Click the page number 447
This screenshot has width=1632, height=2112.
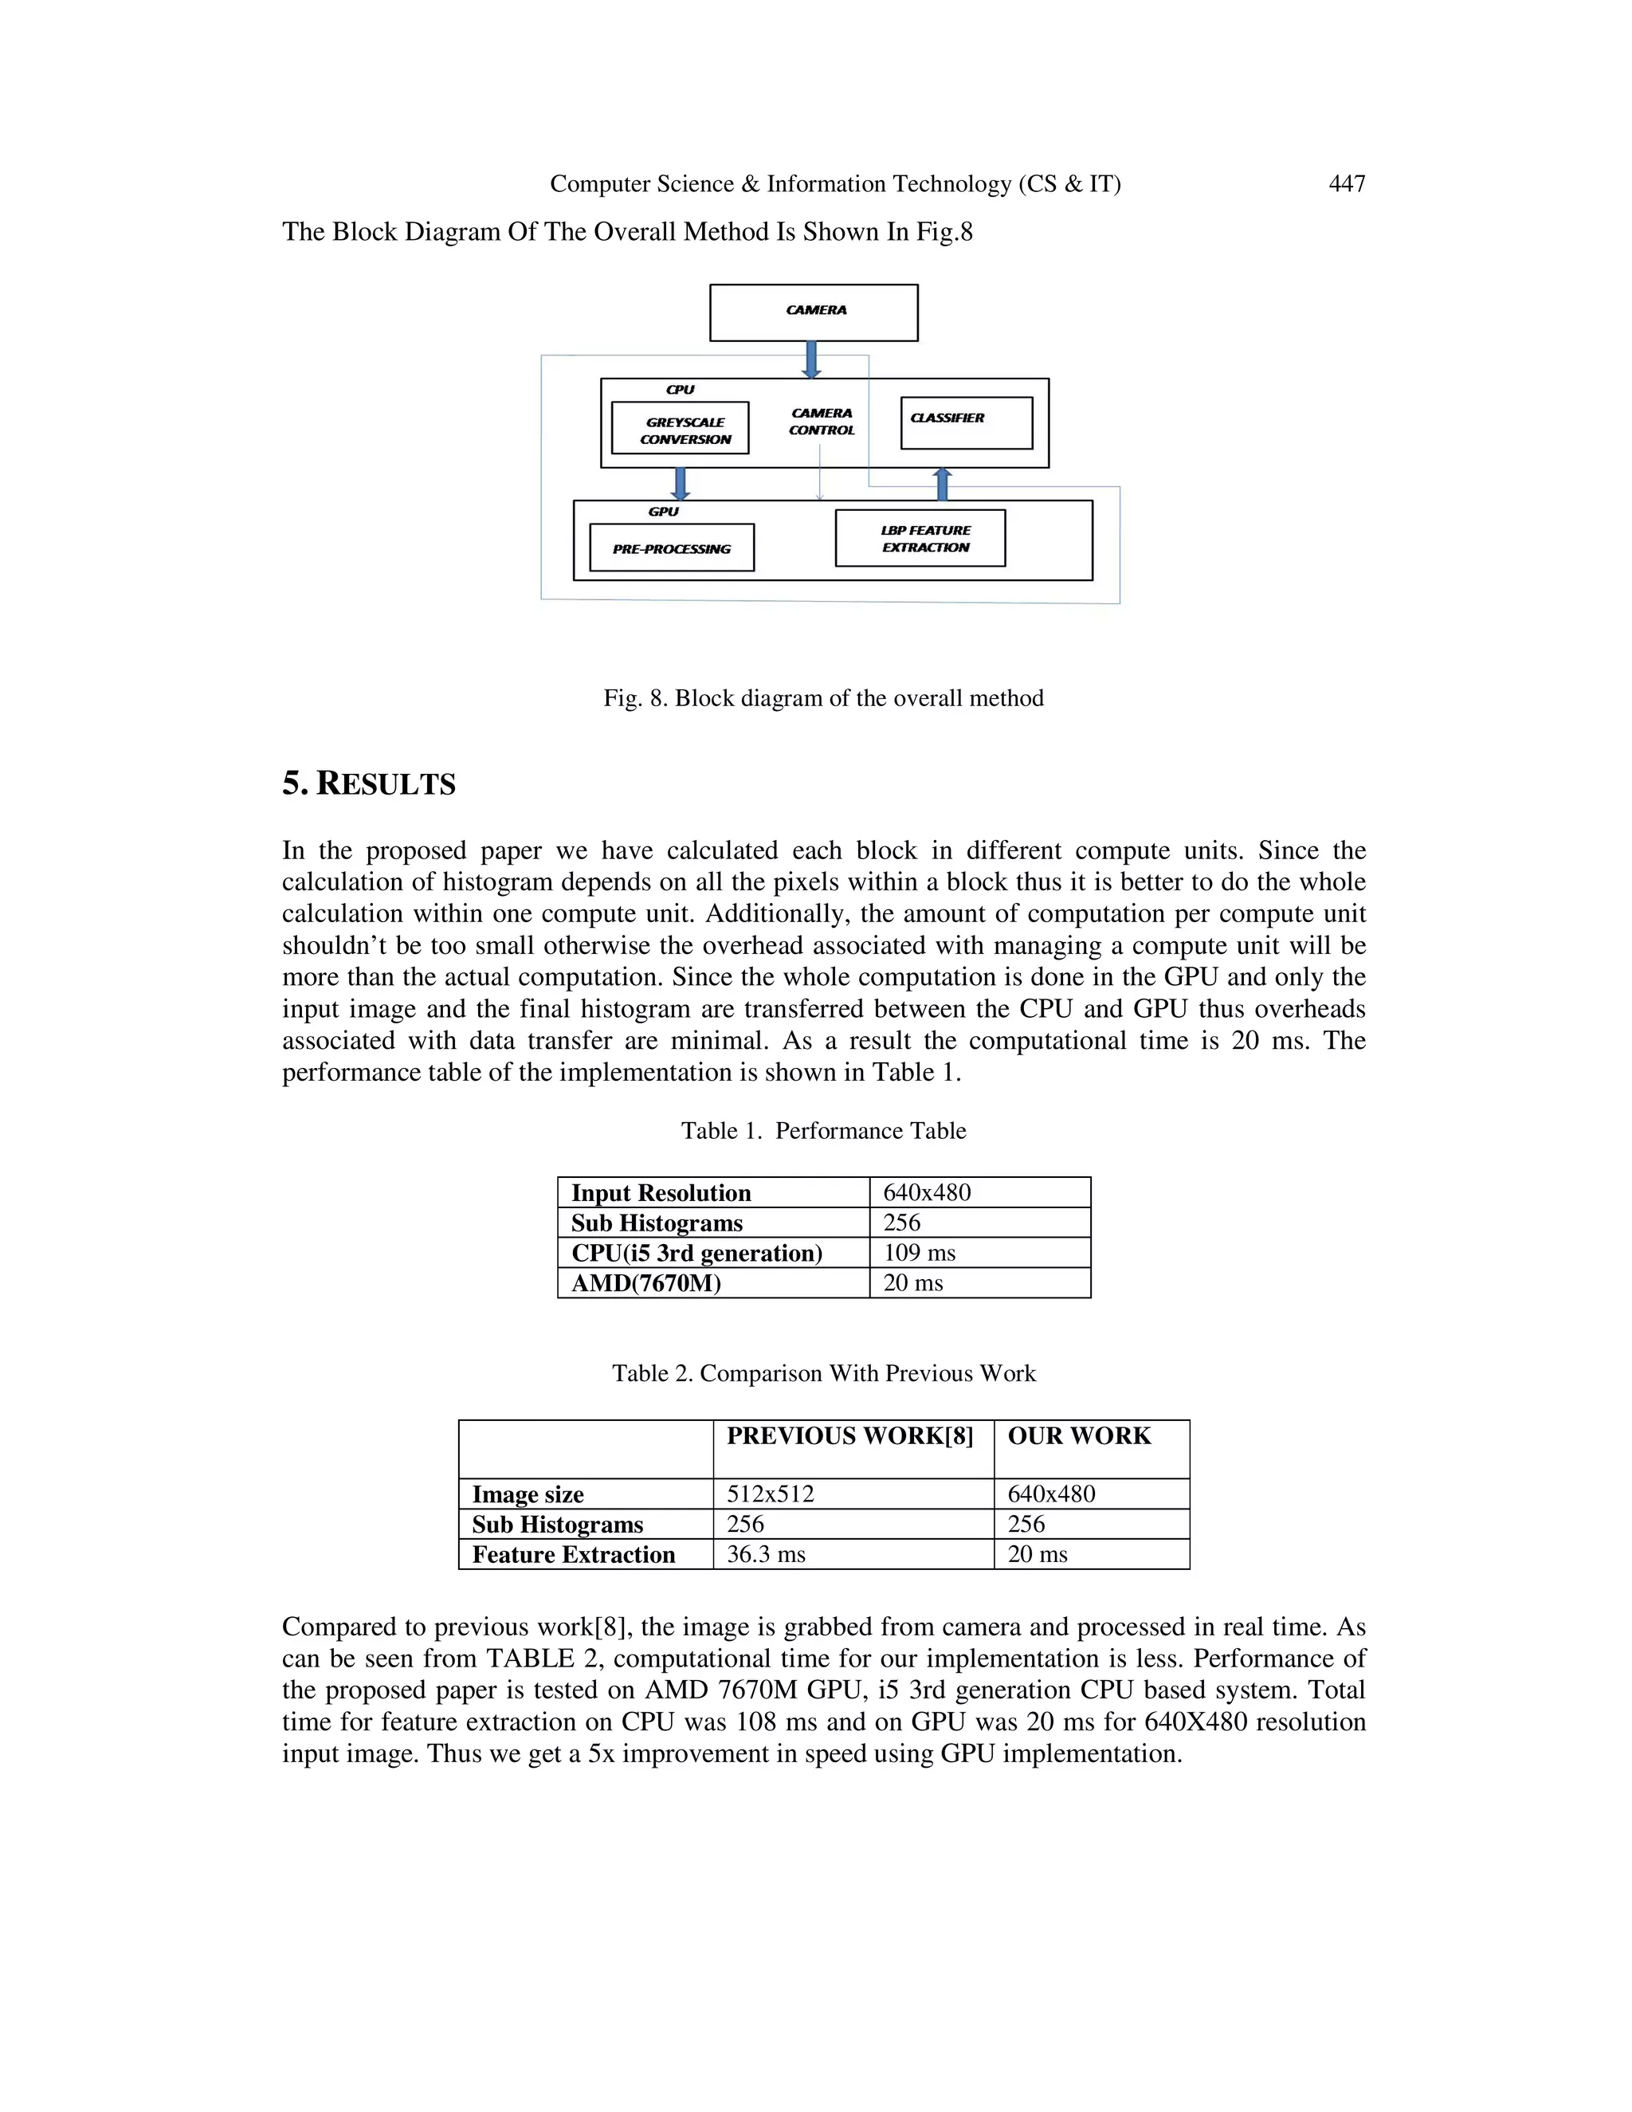pos(1346,184)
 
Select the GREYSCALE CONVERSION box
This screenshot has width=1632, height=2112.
pos(680,429)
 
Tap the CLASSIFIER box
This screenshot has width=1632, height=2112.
pos(966,422)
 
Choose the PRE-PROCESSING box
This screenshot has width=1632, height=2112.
pos(671,548)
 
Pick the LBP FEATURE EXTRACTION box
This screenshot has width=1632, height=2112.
pos(920,538)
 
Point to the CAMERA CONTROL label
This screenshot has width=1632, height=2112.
pos(822,422)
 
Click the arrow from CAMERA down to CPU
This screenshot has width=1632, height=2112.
pos(812,359)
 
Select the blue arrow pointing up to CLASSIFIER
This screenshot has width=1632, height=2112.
pos(943,484)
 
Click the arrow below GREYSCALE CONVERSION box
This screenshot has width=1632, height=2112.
pos(681,482)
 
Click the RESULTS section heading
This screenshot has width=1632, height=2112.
pos(368,783)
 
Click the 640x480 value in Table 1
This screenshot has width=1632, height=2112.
pos(928,1192)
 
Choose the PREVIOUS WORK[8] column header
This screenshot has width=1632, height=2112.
pos(849,1436)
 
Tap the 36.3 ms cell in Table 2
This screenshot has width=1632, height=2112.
pos(766,1554)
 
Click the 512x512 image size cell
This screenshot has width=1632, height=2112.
pos(771,1494)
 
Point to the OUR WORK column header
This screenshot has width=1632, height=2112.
pos(1079,1436)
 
